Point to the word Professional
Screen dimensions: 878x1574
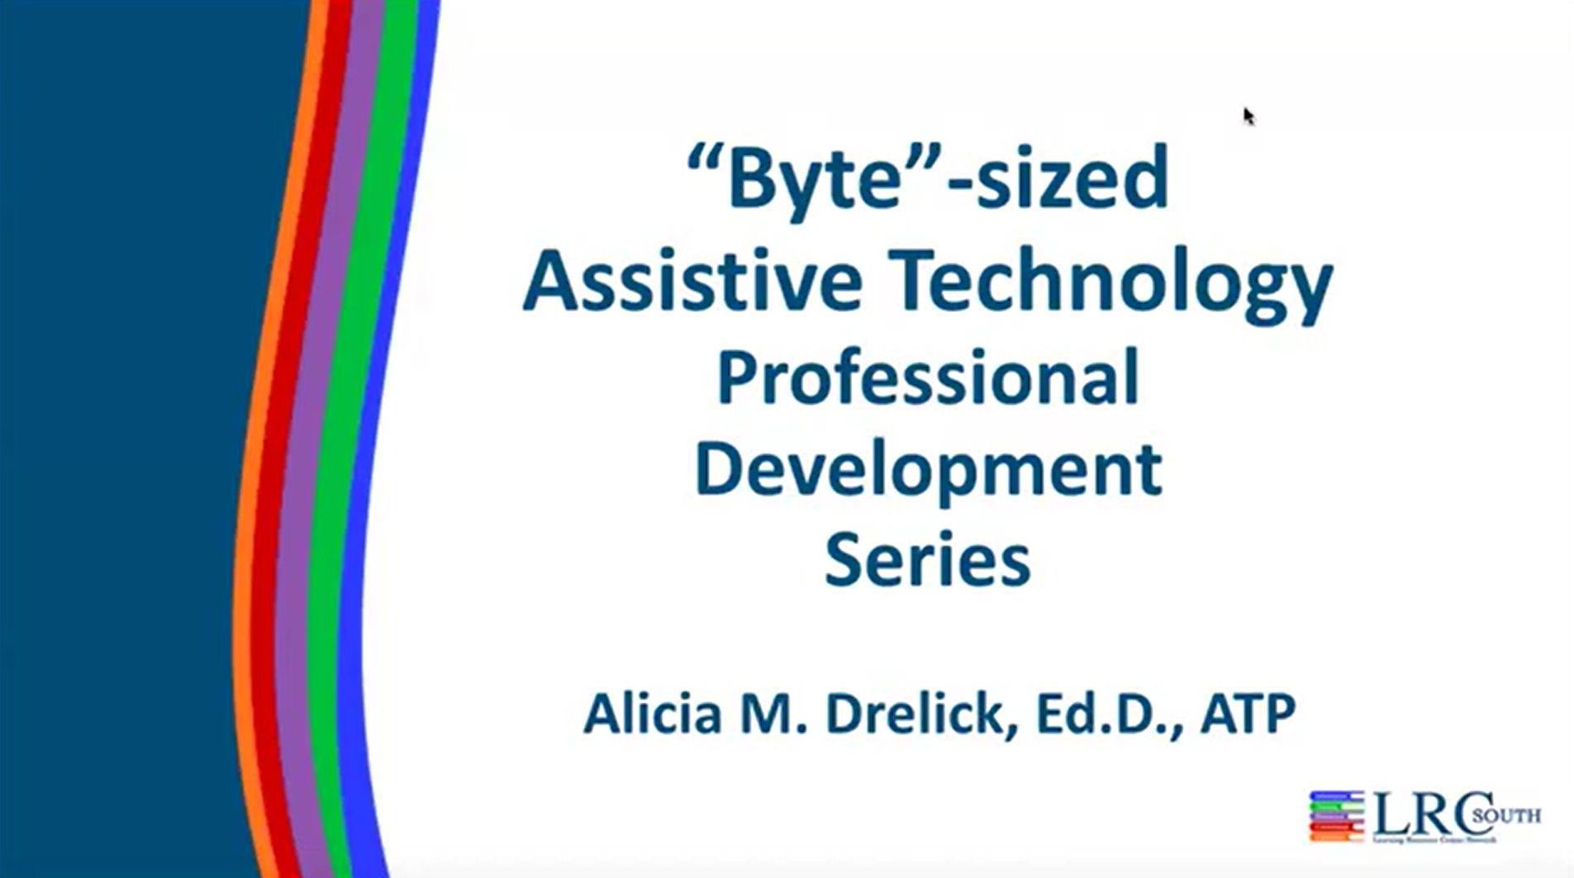(x=928, y=377)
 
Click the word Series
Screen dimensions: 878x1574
(x=927, y=560)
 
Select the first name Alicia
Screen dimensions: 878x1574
(x=653, y=714)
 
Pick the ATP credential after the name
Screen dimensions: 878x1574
(x=1248, y=714)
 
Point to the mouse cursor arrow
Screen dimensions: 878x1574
(x=1248, y=116)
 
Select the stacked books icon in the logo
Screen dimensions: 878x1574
(x=1336, y=816)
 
